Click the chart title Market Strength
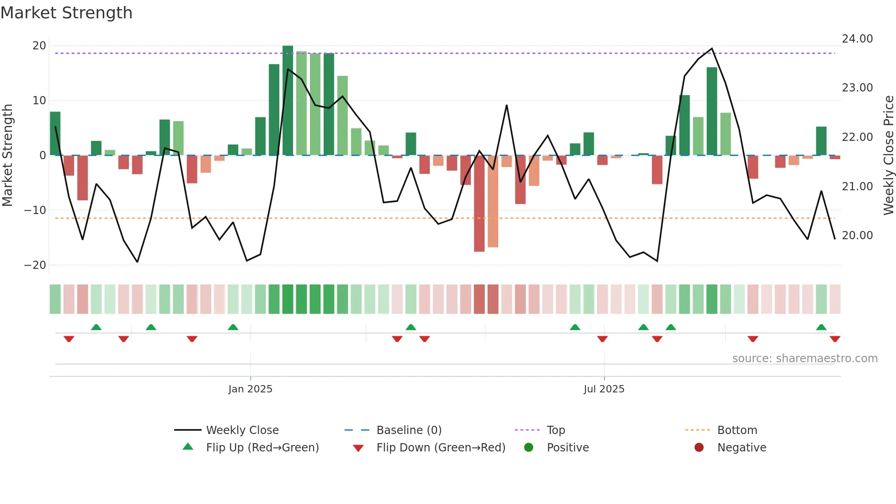(x=66, y=13)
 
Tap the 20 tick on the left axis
(x=39, y=46)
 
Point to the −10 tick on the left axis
(x=35, y=210)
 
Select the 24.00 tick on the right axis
(x=857, y=39)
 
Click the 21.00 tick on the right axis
(x=857, y=187)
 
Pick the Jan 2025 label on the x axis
(x=250, y=389)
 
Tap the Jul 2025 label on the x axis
(x=603, y=389)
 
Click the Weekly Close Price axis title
(x=888, y=155)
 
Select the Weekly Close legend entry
(x=242, y=430)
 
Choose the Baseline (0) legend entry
(x=409, y=430)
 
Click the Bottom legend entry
(x=737, y=430)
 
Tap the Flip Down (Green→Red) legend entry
(x=441, y=448)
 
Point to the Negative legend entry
(x=741, y=448)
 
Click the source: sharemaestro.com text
(x=805, y=359)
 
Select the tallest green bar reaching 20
(x=288, y=101)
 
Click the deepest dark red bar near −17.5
(x=479, y=204)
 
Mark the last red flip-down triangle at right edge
(x=835, y=339)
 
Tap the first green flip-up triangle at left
(x=96, y=327)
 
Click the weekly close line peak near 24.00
(x=712, y=48)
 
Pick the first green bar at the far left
(x=55, y=134)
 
